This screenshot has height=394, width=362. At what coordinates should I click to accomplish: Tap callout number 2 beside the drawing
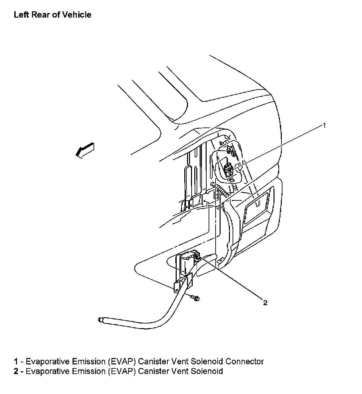pos(265,302)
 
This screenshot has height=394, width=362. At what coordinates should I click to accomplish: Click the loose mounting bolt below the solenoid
pos(196,298)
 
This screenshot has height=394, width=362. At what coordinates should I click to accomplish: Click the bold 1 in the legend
pos(16,361)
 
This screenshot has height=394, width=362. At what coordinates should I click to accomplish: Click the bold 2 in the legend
pos(16,371)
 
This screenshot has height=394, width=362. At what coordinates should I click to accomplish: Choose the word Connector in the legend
pos(245,361)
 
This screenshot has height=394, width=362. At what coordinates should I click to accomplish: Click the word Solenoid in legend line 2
pos(207,371)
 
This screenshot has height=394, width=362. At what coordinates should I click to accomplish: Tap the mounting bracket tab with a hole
pos(177,287)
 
